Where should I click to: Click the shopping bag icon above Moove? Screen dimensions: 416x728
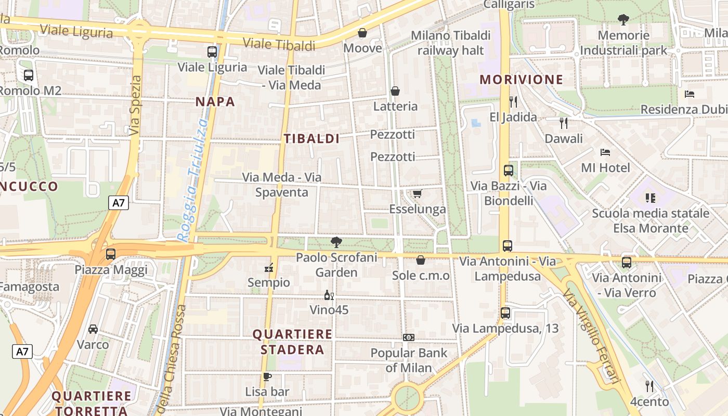pyautogui.click(x=362, y=33)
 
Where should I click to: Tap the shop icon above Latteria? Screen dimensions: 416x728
pyautogui.click(x=395, y=92)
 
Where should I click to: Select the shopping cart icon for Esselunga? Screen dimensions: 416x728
pyautogui.click(x=417, y=194)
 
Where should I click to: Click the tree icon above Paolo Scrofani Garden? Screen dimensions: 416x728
pyautogui.click(x=336, y=242)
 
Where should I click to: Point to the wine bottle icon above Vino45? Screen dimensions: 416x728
pyautogui.click(x=329, y=295)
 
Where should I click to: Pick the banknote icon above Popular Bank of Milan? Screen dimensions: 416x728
pyautogui.click(x=409, y=337)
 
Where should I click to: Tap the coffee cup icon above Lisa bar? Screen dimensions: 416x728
pyautogui.click(x=267, y=376)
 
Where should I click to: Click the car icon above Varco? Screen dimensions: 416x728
pyautogui.click(x=93, y=329)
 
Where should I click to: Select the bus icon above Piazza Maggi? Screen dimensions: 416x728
pyautogui.click(x=111, y=254)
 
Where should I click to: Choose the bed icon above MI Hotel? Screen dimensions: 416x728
pyautogui.click(x=605, y=152)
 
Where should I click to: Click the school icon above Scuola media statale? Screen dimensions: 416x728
pyautogui.click(x=650, y=198)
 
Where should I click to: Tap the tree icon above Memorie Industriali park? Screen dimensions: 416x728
pyautogui.click(x=623, y=20)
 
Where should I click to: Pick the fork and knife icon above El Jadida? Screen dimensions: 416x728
pyautogui.click(x=513, y=101)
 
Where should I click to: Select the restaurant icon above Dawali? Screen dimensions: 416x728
pyautogui.click(x=564, y=123)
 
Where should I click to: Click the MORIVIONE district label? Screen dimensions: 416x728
pyautogui.click(x=522, y=80)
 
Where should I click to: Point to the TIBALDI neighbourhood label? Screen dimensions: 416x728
pyautogui.click(x=311, y=138)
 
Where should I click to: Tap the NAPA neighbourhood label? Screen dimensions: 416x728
pyautogui.click(x=215, y=102)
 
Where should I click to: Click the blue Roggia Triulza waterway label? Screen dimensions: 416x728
pyautogui.click(x=192, y=179)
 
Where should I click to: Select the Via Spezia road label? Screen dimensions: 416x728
pyautogui.click(x=136, y=106)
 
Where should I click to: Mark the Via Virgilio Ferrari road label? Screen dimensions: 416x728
pyautogui.click(x=592, y=335)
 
